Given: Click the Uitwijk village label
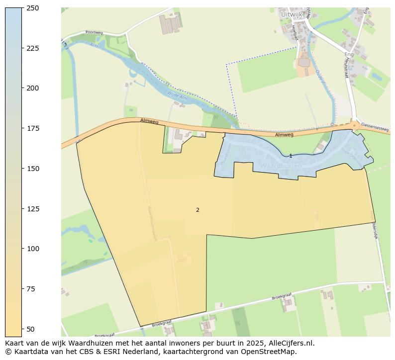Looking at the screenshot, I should coord(292,14).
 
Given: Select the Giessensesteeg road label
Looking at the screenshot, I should coord(375,127).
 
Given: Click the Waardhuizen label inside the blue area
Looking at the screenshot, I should coord(281,166).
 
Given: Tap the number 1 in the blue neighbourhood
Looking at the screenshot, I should coord(291,156).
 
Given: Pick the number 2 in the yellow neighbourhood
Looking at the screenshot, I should coord(197,210).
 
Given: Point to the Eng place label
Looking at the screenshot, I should coord(349,54).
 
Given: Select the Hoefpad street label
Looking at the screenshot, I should coord(295,33).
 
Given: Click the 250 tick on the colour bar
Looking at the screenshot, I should coord(33,8).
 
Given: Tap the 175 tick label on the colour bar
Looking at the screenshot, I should coord(33,128).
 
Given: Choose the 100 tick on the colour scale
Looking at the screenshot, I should coord(33,249).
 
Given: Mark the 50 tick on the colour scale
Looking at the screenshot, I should coord(31,329).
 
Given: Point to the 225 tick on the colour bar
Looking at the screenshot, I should coord(33,48).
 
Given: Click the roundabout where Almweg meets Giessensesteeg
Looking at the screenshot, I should coord(354,125).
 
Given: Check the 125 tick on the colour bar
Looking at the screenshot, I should coord(33,209).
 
